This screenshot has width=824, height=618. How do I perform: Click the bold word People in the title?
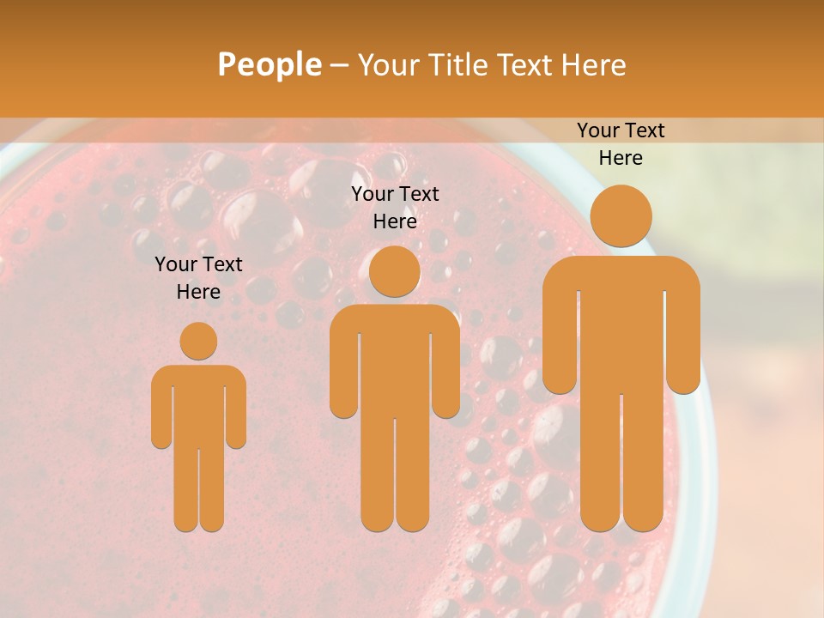pos(269,64)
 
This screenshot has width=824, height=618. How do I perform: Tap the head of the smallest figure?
pos(198,341)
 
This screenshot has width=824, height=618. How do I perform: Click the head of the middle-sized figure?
pos(395,272)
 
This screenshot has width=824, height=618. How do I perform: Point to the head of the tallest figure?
pos(621,215)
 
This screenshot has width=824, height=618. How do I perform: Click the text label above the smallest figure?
pos(198,277)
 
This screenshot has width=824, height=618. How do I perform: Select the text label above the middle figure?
pos(395,207)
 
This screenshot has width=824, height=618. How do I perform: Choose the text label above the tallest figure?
pos(621,143)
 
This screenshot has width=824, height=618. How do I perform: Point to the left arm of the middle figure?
pos(344,369)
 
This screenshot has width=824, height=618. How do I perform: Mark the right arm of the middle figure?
pos(445,369)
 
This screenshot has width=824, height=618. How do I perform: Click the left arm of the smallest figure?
pos(161,412)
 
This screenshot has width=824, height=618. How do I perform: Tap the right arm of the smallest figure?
pos(236,412)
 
